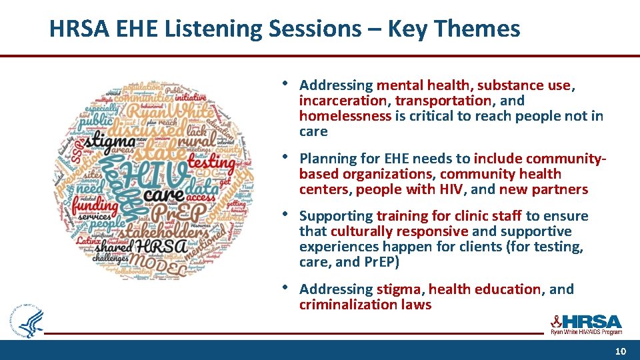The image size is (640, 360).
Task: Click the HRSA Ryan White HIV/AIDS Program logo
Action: (585, 324)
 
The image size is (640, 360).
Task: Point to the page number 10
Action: (620, 351)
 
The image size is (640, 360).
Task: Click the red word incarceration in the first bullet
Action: (343, 101)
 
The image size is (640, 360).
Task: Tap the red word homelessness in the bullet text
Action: (345, 116)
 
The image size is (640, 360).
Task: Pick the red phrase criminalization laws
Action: (365, 305)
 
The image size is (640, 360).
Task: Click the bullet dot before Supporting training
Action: (286, 215)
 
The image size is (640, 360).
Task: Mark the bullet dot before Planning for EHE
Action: (286, 157)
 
